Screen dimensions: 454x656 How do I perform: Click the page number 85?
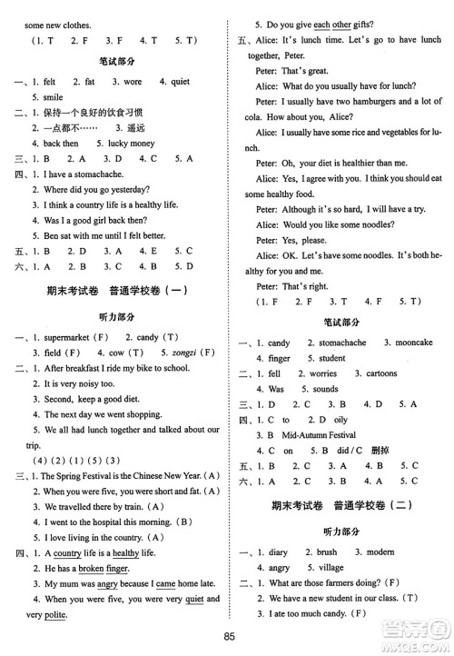point(227,639)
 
